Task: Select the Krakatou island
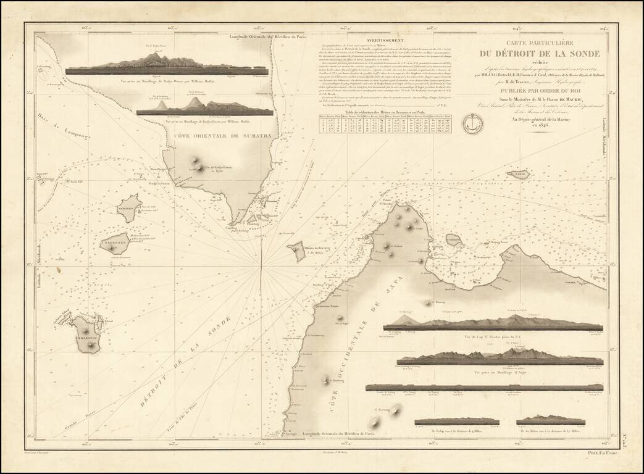[x=88, y=336]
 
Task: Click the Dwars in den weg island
[x=298, y=251]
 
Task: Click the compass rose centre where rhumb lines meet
[x=262, y=268]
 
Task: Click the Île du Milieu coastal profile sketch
[x=551, y=420]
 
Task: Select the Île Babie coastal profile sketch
[x=456, y=421]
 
